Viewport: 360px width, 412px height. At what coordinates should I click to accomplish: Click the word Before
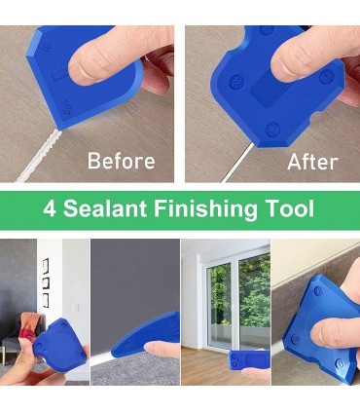tap(122, 161)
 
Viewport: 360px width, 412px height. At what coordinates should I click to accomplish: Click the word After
tap(312, 162)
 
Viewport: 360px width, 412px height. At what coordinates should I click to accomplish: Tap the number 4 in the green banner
tap(50, 208)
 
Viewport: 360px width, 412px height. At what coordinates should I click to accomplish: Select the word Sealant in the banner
tap(105, 208)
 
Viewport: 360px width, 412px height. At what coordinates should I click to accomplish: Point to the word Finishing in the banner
tap(205, 208)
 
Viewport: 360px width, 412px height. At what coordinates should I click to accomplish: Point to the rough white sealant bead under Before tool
tap(38, 157)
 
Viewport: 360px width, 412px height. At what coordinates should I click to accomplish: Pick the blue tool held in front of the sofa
tap(59, 344)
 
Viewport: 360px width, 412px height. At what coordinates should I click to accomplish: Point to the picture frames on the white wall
tap(46, 282)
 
